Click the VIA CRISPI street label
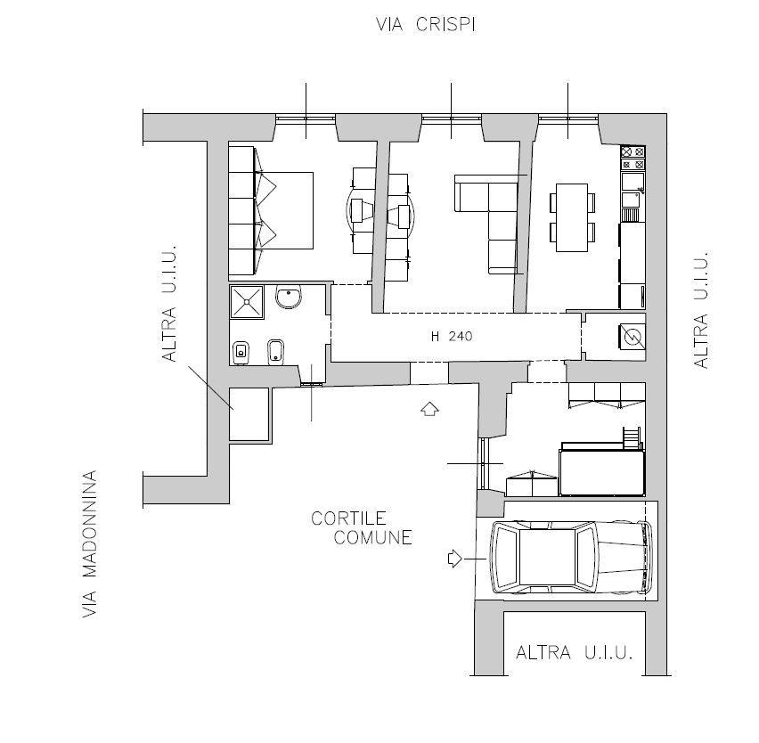pyautogui.click(x=426, y=24)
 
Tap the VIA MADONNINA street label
pyautogui.click(x=90, y=544)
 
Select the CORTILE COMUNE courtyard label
pyautogui.click(x=362, y=528)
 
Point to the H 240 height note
pyautogui.click(x=452, y=336)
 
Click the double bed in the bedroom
pyautogui.click(x=283, y=210)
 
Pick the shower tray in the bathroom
pyautogui.click(x=247, y=302)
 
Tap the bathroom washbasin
pyautogui.click(x=289, y=297)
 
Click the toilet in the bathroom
pyautogui.click(x=241, y=353)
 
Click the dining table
pyautogui.click(x=572, y=217)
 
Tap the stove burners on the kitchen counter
pyautogui.click(x=633, y=159)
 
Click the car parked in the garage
pyautogui.click(x=571, y=558)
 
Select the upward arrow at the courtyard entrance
pyautogui.click(x=430, y=409)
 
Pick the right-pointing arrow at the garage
pyautogui.click(x=455, y=559)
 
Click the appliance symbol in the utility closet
pyautogui.click(x=632, y=337)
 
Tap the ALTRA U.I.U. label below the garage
pyautogui.click(x=575, y=652)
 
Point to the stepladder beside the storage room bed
pyautogui.click(x=632, y=438)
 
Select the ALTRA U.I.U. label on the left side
pyautogui.click(x=169, y=304)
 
